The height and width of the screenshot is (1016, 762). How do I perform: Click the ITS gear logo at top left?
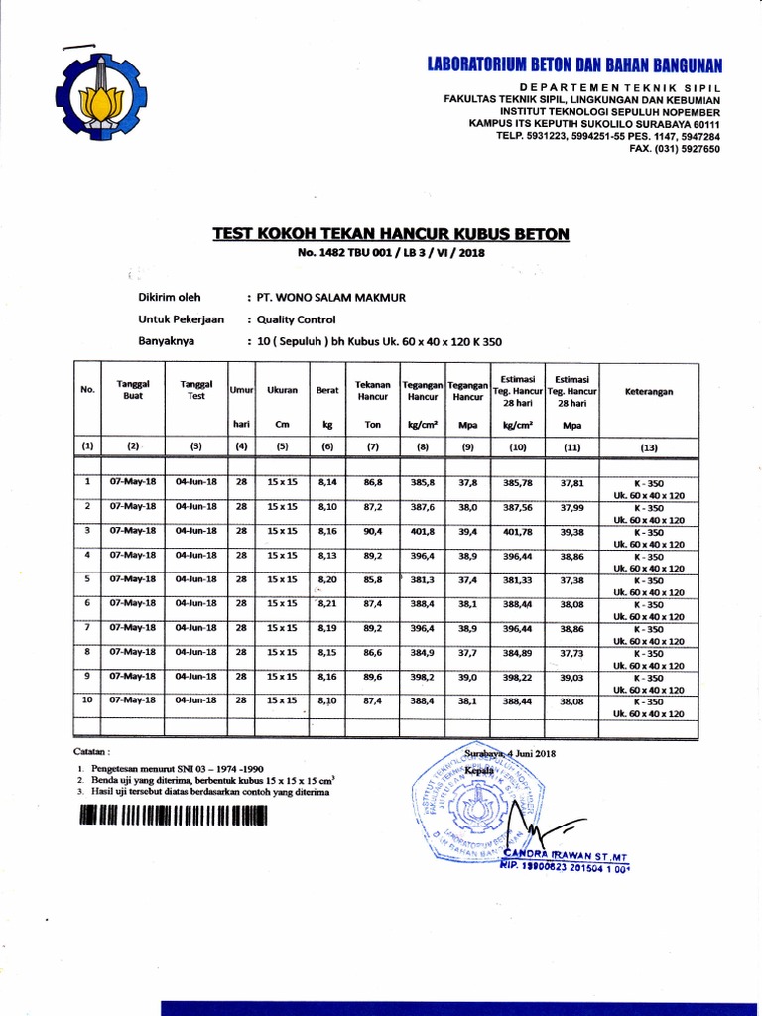[x=100, y=97]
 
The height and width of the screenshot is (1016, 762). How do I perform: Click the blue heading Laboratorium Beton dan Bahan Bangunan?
[x=574, y=66]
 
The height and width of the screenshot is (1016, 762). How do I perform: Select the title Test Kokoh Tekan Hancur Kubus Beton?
[x=391, y=234]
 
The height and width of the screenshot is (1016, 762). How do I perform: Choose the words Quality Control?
[x=296, y=319]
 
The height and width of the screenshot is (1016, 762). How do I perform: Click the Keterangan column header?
[x=648, y=392]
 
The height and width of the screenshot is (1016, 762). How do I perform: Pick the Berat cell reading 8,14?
[x=327, y=482]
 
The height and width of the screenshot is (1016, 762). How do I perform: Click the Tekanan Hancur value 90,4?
[x=373, y=531]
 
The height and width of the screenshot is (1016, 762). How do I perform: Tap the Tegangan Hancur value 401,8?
[x=423, y=531]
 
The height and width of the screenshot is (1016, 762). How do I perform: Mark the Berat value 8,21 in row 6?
[x=328, y=603]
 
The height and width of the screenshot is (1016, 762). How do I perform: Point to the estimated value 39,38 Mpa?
[x=571, y=531]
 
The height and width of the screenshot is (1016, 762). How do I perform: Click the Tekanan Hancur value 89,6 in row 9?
[x=373, y=676]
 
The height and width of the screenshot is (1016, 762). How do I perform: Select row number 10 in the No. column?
[x=87, y=699]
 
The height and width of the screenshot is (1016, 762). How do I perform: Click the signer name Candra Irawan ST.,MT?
[x=566, y=855]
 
